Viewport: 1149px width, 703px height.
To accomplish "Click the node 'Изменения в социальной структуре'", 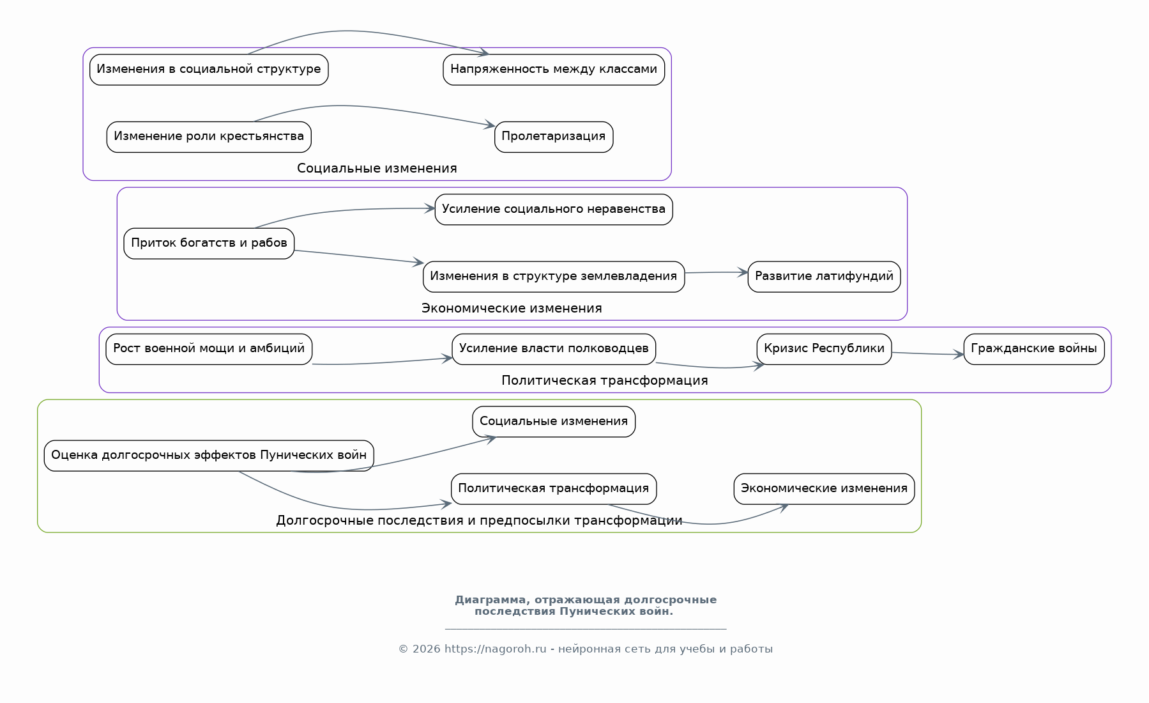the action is tap(209, 70).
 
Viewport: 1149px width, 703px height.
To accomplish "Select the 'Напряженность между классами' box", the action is tap(554, 70).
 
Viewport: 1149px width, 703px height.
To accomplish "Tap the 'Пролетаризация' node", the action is tap(554, 137).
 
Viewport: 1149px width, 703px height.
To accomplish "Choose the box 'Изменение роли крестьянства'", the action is tap(209, 137).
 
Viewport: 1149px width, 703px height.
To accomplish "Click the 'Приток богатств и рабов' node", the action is tap(209, 243).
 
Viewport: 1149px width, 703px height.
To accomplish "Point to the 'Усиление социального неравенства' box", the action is tap(554, 210).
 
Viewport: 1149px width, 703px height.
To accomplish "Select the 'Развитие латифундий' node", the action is tap(824, 277).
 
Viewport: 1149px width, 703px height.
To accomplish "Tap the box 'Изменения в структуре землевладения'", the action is tap(554, 277).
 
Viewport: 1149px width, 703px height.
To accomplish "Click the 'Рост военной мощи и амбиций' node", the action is tap(209, 349).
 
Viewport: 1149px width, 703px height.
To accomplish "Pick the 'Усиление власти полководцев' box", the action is tap(554, 349).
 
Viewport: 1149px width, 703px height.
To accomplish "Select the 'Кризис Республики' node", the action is tap(824, 349).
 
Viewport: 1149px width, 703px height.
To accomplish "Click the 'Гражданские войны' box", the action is tap(1034, 349).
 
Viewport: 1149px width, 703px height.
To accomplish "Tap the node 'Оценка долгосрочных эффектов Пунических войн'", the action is tap(209, 456).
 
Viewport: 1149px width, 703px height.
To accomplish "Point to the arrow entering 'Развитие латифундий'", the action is tap(716, 273).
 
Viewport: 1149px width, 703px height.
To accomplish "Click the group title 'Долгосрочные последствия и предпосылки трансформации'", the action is tap(479, 520).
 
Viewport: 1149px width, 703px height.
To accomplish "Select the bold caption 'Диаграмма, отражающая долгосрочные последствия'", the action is tap(586, 605).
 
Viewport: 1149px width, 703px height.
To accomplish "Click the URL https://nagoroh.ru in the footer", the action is tap(496, 649).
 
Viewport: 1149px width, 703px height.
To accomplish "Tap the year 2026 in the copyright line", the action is tap(427, 649).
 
